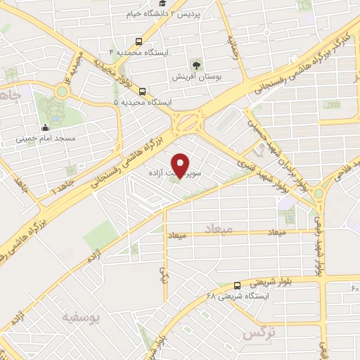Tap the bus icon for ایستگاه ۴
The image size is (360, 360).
(139, 41)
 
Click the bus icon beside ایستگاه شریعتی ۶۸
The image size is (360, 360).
(237, 285)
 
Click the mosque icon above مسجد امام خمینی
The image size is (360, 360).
(45, 128)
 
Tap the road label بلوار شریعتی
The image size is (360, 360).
(274, 280)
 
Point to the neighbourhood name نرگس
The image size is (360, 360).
(257, 333)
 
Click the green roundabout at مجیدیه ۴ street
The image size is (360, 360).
(61, 91)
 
